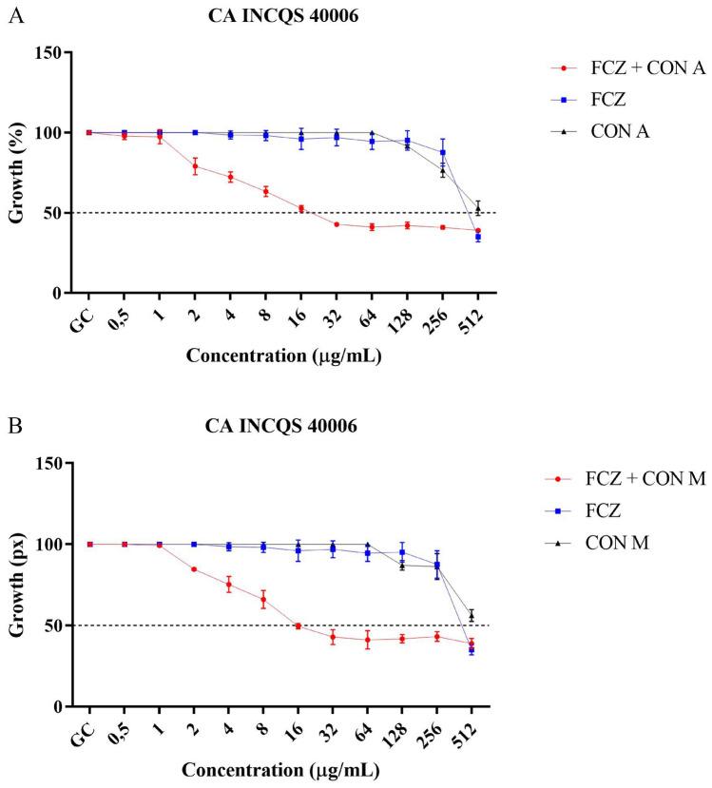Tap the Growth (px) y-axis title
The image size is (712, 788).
coord(16,585)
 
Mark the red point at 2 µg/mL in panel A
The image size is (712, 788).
coord(195,166)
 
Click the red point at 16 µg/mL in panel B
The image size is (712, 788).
coord(300,625)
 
